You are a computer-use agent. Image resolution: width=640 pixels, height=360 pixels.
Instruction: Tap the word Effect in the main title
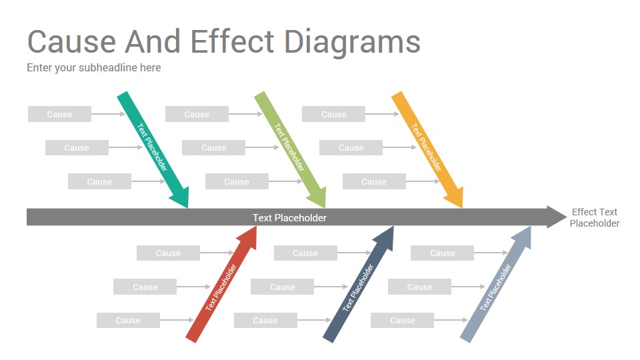232,41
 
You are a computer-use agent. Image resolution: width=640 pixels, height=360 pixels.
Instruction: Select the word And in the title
152,41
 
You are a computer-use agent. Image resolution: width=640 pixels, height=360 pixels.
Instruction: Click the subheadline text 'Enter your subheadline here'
94,68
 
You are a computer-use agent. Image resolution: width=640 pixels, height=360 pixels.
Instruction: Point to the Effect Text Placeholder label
594,217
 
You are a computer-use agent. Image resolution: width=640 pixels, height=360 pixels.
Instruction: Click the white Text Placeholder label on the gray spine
289,218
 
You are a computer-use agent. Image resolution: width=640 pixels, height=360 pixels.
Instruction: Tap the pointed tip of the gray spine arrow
567,217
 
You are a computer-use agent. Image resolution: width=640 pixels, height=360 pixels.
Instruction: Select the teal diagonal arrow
153,149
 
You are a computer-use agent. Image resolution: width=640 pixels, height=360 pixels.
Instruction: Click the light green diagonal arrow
290,149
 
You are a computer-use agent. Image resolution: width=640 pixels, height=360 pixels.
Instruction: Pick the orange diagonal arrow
427,149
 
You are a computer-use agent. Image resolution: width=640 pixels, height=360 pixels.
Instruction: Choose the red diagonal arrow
221,285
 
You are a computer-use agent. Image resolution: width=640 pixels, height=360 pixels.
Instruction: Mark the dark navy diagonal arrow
359,285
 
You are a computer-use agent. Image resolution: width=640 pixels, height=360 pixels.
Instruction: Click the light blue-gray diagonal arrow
496,285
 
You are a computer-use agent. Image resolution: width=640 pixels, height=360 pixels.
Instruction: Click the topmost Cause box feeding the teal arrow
59,114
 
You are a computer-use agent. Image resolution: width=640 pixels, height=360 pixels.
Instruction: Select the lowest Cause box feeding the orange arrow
374,181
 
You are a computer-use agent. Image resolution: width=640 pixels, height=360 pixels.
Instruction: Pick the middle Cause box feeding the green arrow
213,148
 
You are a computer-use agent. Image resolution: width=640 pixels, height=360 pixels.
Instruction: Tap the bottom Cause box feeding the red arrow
128,321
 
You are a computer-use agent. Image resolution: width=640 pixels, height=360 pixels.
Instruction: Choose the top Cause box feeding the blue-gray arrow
443,253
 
